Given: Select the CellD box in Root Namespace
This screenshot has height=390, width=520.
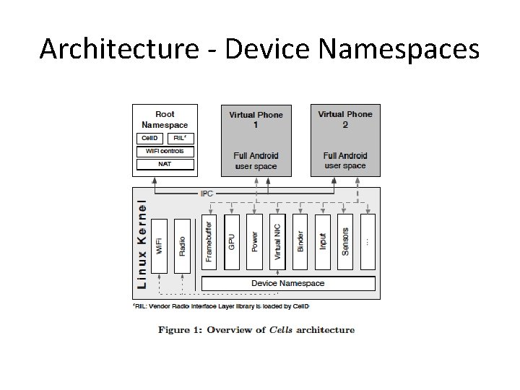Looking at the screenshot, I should click(x=149, y=138).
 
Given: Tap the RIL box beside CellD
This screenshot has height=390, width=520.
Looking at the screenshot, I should click(x=181, y=138).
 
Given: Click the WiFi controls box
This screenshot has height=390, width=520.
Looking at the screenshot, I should click(x=165, y=152).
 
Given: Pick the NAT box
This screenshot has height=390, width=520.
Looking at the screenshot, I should click(x=165, y=165).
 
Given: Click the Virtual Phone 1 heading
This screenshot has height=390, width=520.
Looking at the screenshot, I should click(x=256, y=119).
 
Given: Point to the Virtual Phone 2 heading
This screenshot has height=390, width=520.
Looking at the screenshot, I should click(x=345, y=119).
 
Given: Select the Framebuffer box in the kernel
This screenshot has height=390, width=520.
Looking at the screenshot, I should click(x=209, y=242).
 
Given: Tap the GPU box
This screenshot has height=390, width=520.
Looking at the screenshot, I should click(x=232, y=242).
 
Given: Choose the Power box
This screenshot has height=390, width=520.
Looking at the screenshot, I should click(x=254, y=242).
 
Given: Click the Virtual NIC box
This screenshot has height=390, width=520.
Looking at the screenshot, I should click(x=277, y=242).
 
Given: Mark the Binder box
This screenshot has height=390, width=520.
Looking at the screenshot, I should click(x=300, y=242).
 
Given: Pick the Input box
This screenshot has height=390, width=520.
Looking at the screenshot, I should click(x=323, y=242).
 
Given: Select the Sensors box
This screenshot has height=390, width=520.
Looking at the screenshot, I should click(x=345, y=242).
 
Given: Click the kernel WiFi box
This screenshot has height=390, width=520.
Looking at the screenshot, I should click(x=160, y=246).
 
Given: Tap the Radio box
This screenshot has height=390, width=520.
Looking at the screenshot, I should click(x=183, y=246).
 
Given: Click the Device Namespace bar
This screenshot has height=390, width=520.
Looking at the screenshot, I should click(x=288, y=283).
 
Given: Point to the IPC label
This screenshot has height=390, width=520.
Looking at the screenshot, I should click(x=207, y=194).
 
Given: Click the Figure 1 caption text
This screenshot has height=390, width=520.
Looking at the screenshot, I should click(x=256, y=330).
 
